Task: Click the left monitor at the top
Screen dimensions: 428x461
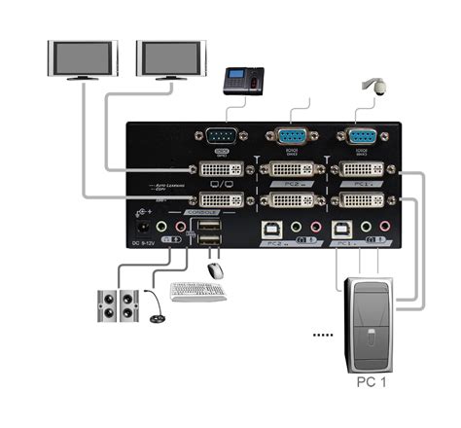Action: [x=83, y=58]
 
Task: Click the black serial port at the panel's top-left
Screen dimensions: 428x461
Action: [x=223, y=136]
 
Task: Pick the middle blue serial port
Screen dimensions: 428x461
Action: [x=290, y=136]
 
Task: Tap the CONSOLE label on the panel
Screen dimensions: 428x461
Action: [x=200, y=211]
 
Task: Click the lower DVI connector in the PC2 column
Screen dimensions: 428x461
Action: [x=289, y=201]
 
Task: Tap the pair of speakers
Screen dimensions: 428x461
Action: [x=117, y=304]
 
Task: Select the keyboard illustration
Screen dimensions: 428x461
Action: [x=197, y=291]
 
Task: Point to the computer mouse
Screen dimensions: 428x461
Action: [x=215, y=270]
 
